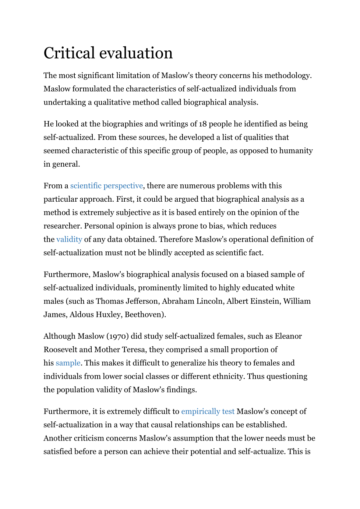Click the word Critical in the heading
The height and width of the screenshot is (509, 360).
[70, 53]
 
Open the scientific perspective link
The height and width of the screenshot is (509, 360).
[106, 186]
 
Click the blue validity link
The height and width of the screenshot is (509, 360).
[69, 240]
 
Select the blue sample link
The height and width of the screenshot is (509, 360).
[68, 363]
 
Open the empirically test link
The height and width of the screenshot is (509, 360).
[208, 411]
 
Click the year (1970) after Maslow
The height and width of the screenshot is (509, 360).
[118, 336]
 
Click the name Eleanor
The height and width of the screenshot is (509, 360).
[288, 336]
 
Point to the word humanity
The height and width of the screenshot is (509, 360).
[296, 151]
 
